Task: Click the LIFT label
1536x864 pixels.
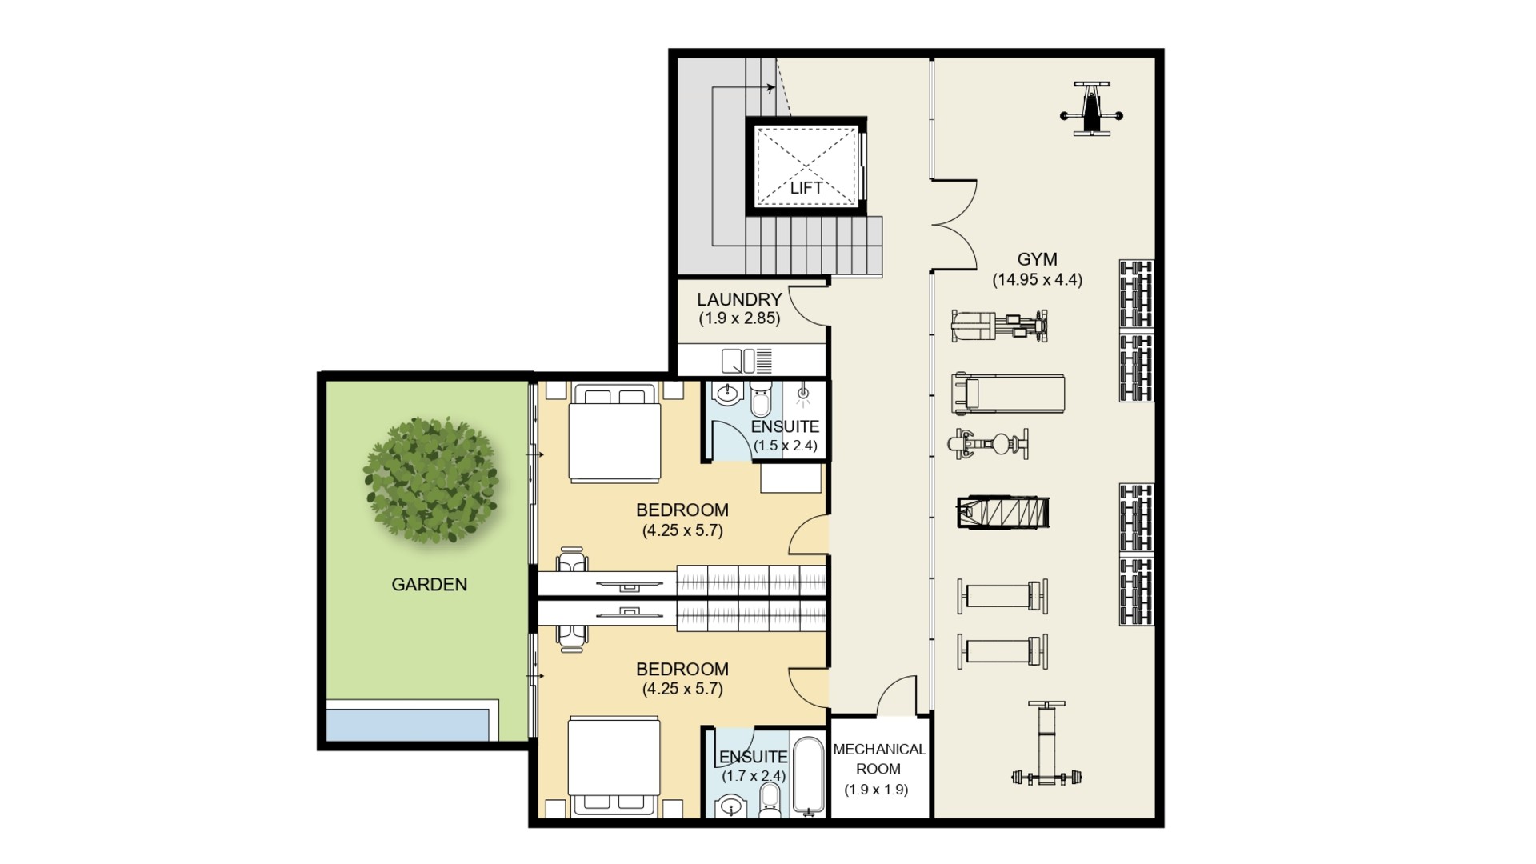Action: (x=806, y=188)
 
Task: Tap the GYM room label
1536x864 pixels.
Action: (x=1037, y=259)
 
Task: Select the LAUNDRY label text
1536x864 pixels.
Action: (x=739, y=299)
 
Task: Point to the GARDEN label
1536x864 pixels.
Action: (x=429, y=585)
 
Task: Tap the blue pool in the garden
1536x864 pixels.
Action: (x=407, y=725)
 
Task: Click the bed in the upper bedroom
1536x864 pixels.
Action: (x=614, y=433)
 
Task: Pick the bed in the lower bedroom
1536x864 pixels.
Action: (x=614, y=768)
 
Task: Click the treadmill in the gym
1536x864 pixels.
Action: (x=1008, y=394)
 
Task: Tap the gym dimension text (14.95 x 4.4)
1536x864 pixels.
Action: (x=1037, y=280)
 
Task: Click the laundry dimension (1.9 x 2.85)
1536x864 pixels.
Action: (x=739, y=318)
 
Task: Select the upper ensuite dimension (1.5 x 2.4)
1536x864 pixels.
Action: (x=786, y=446)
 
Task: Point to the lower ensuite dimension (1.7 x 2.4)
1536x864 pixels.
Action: (x=754, y=776)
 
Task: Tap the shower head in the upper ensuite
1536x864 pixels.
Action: (x=802, y=394)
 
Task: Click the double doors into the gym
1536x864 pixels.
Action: (x=955, y=224)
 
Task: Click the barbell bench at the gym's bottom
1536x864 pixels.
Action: (x=1046, y=742)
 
